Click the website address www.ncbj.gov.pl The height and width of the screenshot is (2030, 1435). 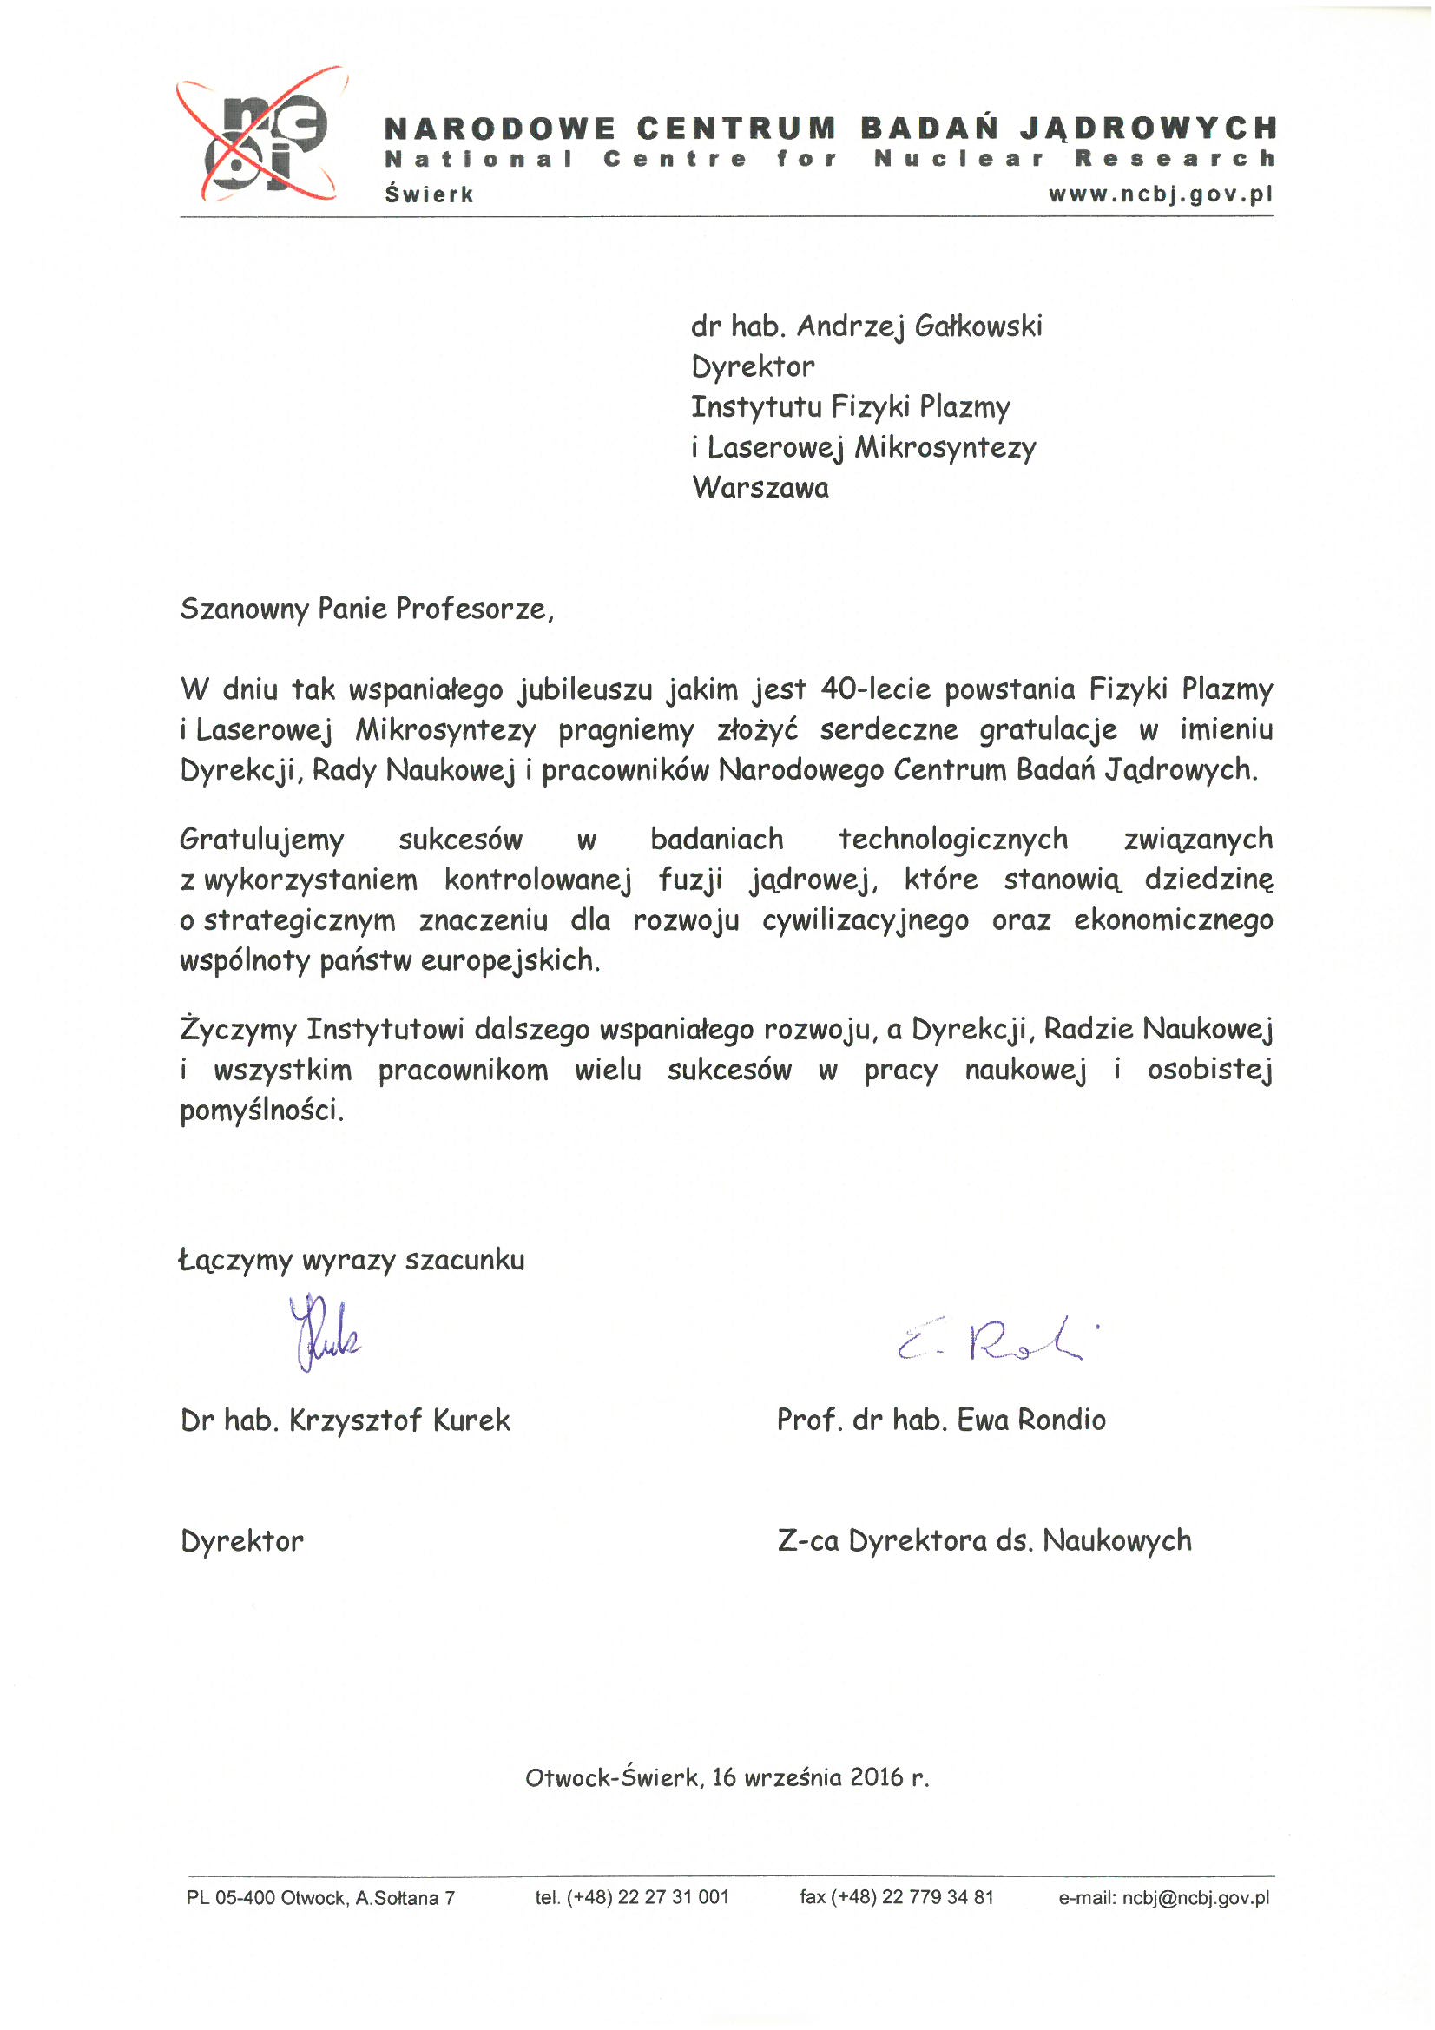tap(1161, 194)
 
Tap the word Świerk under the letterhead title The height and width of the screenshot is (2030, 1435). tap(429, 194)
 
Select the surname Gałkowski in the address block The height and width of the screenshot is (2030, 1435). tap(978, 326)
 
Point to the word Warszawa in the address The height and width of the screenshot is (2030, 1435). tap(760, 487)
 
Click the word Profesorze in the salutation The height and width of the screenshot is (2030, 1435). tap(474, 609)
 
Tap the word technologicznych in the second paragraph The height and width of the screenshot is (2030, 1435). tap(953, 838)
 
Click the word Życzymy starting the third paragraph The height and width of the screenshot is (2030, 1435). tap(238, 1029)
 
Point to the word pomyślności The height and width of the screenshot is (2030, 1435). tap(261, 1110)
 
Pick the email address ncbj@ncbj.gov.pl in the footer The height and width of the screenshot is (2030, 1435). tap(1195, 1897)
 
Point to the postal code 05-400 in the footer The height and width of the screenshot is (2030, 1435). tap(246, 1898)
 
